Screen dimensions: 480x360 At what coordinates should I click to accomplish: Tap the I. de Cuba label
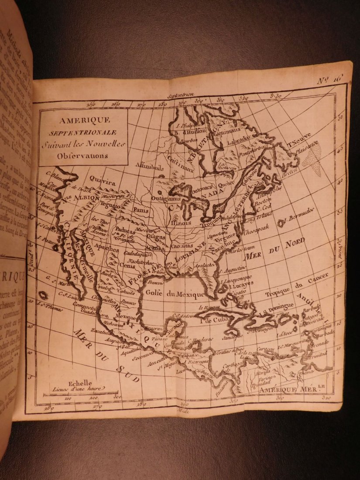coord(212,322)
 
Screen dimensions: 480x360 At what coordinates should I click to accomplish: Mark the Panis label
coord(141,210)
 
